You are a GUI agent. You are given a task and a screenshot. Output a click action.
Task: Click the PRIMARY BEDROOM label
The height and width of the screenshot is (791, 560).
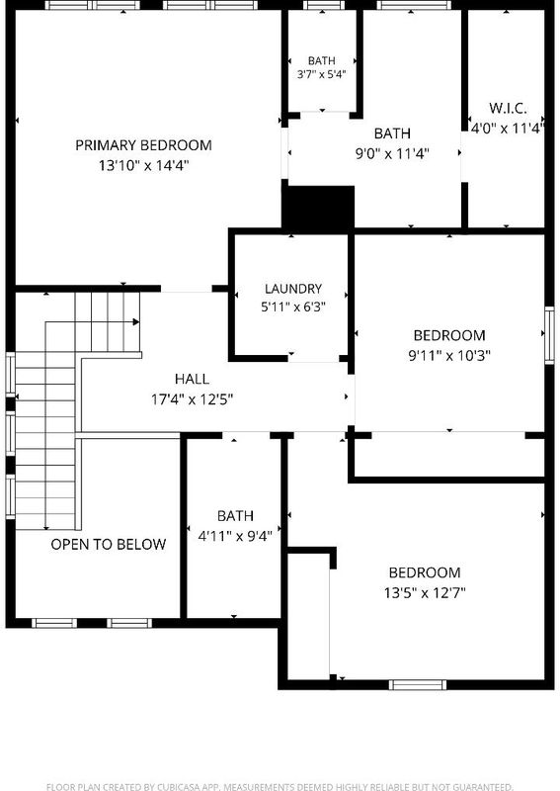tap(143, 145)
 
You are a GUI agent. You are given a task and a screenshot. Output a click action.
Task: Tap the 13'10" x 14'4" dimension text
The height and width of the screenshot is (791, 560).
tap(143, 165)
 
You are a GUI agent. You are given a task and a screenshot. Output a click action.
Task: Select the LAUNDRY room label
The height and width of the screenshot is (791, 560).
tap(293, 289)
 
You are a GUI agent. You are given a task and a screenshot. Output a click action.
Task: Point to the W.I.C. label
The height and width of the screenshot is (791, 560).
tap(508, 108)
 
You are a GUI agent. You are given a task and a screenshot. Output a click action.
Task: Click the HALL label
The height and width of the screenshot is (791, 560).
tap(192, 379)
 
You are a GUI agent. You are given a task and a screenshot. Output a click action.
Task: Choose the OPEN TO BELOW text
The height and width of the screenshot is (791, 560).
tap(109, 544)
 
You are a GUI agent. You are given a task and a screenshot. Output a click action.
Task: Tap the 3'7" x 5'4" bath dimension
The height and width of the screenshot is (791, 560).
tap(322, 75)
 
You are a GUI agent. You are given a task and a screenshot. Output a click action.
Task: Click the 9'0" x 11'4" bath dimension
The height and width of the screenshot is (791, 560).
tap(392, 153)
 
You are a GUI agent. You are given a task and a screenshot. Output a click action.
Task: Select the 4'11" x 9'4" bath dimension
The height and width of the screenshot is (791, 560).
tap(235, 536)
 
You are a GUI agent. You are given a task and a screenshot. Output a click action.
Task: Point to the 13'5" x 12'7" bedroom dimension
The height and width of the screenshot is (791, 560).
tap(425, 592)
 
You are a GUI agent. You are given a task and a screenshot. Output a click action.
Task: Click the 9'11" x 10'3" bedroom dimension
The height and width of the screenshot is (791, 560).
tap(449, 355)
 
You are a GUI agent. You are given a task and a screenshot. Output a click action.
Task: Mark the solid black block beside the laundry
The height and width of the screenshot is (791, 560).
tap(318, 209)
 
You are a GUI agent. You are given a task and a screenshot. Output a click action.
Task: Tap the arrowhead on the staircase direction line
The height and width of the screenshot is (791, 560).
tap(136, 322)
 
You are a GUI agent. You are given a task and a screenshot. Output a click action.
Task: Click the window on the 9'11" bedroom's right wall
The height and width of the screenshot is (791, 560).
tap(549, 335)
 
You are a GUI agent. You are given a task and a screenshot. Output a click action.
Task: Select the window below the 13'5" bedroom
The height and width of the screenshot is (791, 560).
tap(418, 684)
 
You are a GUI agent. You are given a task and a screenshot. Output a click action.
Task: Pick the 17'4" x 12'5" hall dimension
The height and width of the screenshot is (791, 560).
tap(192, 399)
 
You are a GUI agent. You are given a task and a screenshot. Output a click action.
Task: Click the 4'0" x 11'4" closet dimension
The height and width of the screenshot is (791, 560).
tap(507, 129)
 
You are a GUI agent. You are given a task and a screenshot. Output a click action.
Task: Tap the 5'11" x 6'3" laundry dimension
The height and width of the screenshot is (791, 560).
tap(293, 307)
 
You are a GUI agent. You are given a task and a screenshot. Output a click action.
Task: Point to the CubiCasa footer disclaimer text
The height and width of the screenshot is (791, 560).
tap(280, 786)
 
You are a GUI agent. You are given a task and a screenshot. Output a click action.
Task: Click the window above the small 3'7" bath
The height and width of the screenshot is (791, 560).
tap(323, 5)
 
